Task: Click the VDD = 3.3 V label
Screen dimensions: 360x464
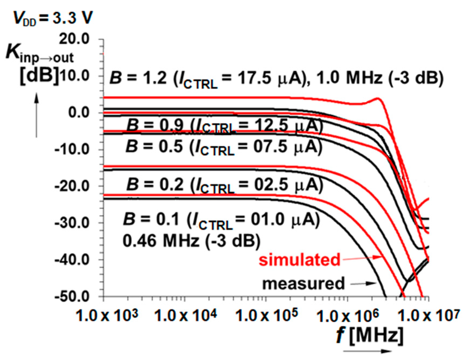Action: pyautogui.click(x=53, y=18)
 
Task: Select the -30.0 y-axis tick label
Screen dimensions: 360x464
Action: pyautogui.click(x=72, y=223)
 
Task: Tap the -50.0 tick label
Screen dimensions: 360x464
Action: pyautogui.click(x=72, y=297)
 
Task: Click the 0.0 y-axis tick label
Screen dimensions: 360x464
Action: pyautogui.click(x=78, y=112)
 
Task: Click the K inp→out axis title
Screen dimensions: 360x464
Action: pyautogui.click(x=39, y=54)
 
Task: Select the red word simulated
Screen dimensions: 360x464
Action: pyautogui.click(x=299, y=260)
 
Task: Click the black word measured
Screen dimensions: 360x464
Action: pyautogui.click(x=303, y=284)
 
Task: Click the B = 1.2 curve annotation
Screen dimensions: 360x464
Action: pyautogui.click(x=276, y=78)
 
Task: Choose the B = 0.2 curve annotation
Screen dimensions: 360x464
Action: pyautogui.click(x=224, y=186)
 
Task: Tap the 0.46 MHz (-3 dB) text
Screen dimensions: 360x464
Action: pyautogui.click(x=191, y=240)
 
